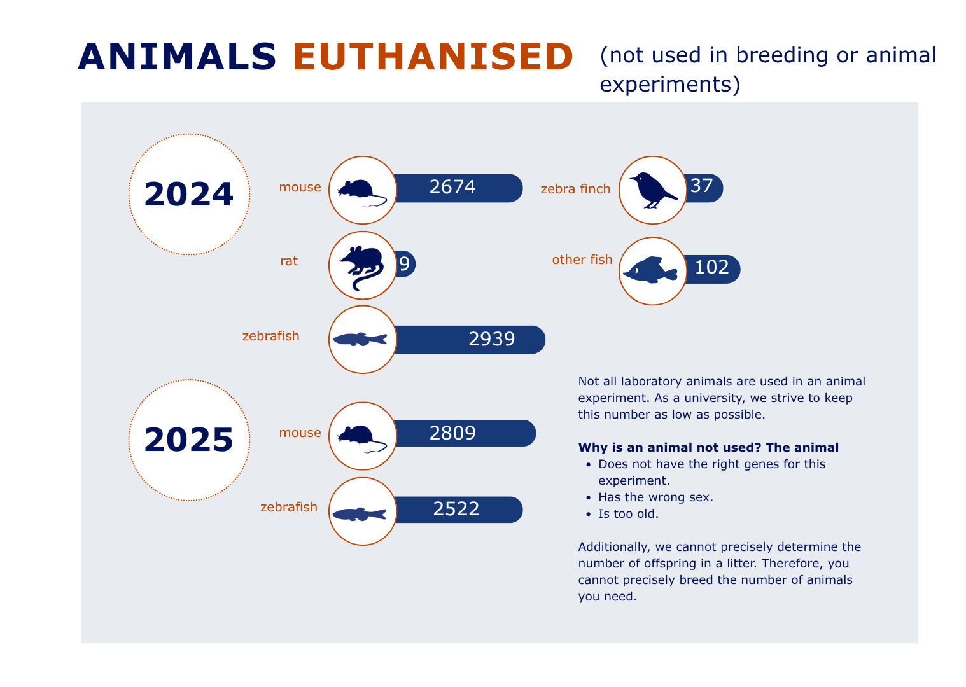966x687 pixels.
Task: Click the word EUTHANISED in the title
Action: (x=433, y=57)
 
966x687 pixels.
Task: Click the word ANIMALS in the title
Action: (x=178, y=57)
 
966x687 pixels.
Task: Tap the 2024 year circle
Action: (x=190, y=195)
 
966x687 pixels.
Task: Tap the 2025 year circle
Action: (x=190, y=440)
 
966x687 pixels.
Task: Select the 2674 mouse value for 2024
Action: (x=452, y=187)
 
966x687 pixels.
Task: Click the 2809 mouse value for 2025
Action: (x=452, y=433)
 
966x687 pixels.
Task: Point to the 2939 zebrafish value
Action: (x=492, y=339)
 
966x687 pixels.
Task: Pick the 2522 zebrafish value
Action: (x=456, y=509)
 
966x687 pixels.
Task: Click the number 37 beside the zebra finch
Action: (x=702, y=186)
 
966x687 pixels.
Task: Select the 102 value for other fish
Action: (x=712, y=267)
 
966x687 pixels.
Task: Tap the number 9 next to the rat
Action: (x=405, y=264)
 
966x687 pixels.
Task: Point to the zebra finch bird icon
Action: (x=653, y=190)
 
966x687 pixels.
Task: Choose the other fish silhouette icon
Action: (x=651, y=270)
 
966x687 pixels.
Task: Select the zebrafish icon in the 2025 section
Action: (x=360, y=514)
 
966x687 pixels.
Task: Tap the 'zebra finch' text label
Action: (x=575, y=189)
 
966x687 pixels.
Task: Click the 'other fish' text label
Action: (x=582, y=260)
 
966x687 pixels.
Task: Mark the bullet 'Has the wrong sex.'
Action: (x=655, y=497)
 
